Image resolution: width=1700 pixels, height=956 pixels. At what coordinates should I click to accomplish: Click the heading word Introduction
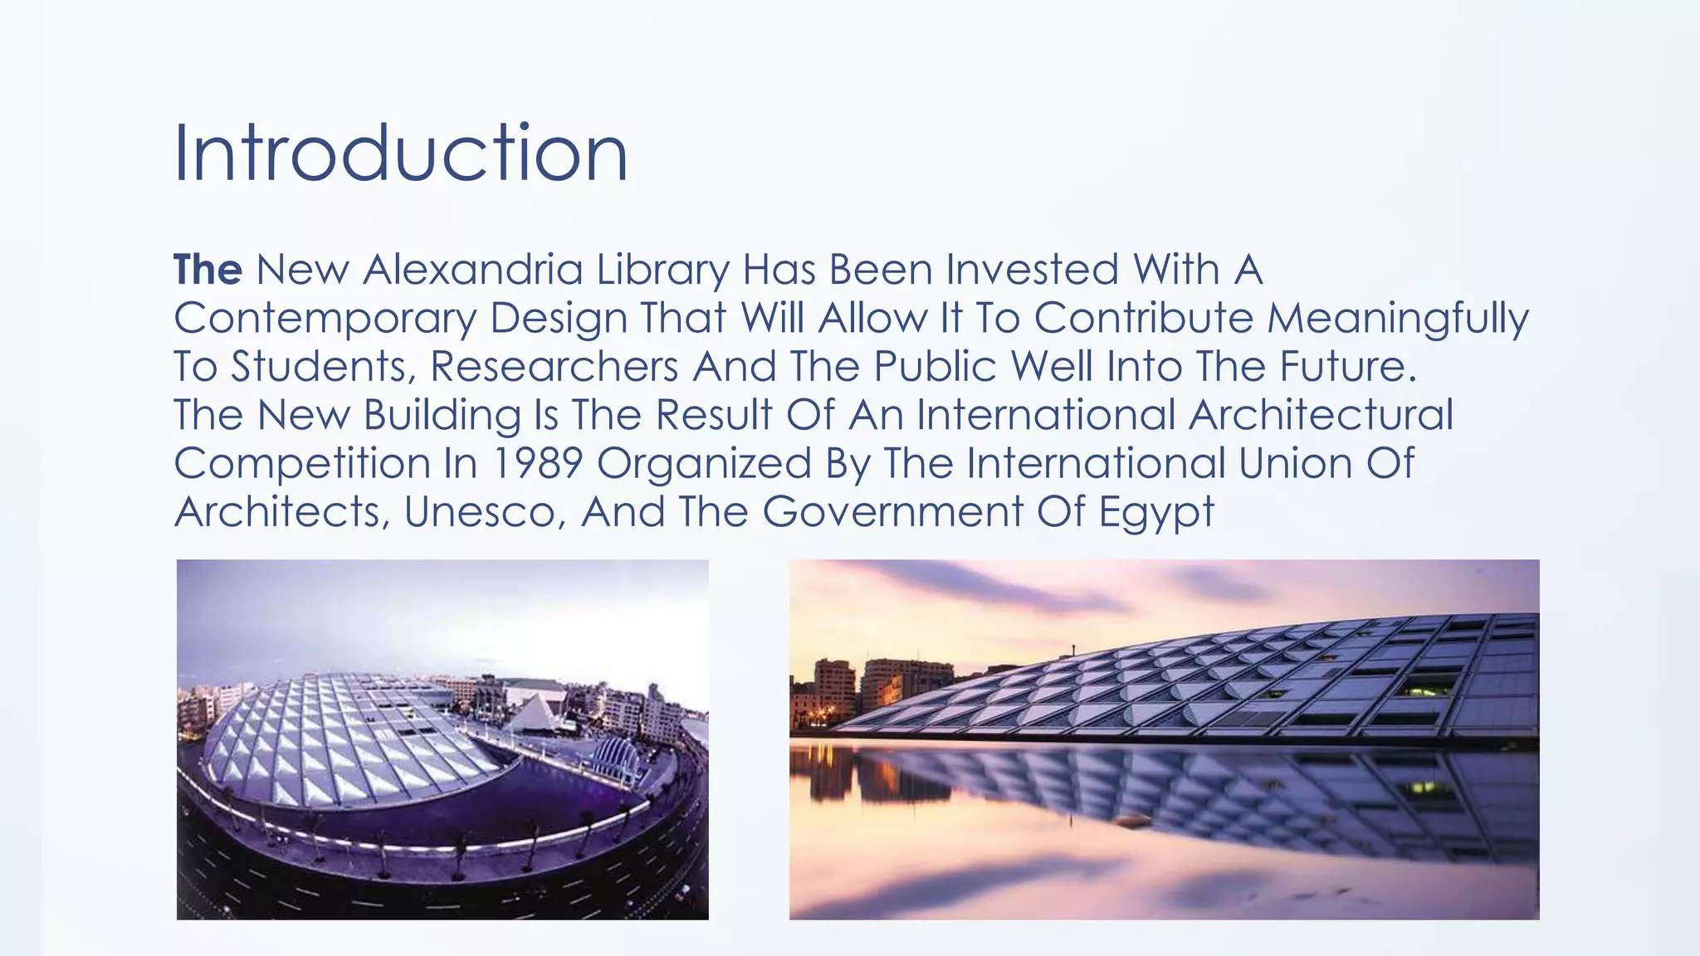(x=400, y=154)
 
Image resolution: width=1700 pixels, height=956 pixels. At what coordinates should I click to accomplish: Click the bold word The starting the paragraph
(x=208, y=270)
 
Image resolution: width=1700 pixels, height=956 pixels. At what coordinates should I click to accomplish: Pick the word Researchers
(x=554, y=367)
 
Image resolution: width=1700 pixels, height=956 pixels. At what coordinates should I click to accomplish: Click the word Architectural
(x=1321, y=415)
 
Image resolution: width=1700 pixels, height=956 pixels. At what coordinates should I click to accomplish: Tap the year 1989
(x=537, y=463)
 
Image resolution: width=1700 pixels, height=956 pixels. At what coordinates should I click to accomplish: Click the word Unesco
(x=485, y=511)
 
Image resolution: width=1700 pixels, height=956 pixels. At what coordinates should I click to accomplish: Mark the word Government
(x=892, y=511)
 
